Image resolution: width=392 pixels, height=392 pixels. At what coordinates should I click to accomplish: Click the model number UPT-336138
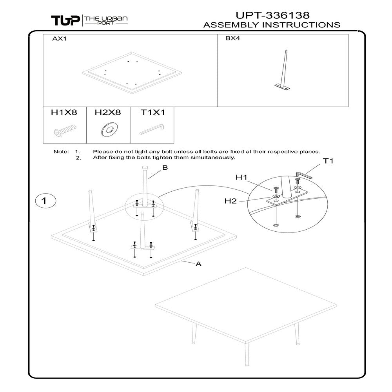pos(272,15)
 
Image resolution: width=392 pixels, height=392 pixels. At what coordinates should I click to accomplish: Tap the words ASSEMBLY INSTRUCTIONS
pos(272,25)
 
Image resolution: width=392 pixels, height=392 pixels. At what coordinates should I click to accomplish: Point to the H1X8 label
pos(64,113)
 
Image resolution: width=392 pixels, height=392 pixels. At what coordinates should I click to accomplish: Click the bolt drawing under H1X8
pos(64,131)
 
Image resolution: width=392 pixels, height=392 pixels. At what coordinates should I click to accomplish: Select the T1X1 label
pos(152,113)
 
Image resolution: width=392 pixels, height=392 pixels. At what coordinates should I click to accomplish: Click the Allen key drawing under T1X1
pos(152,130)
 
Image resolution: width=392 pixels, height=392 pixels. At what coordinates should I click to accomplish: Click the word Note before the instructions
pos(61,152)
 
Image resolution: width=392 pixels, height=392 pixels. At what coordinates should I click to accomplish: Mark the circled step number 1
pos(44,201)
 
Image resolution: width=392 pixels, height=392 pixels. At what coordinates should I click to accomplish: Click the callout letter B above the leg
pos(165,168)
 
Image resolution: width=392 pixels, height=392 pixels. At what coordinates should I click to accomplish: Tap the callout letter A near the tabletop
pos(198,264)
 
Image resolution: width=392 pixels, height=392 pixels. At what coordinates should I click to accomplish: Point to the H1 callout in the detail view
pos(241,178)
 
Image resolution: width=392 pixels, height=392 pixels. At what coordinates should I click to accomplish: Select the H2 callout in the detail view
pos(230,201)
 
